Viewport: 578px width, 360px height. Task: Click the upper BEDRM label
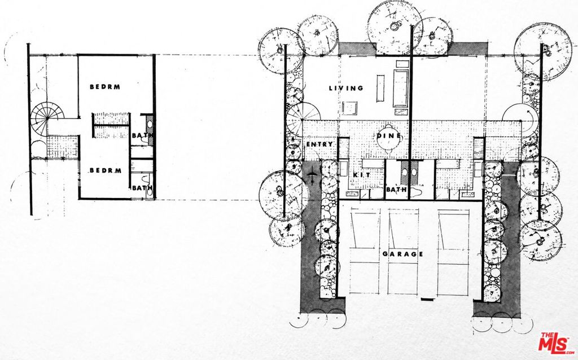105,87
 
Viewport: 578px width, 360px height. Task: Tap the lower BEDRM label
106,170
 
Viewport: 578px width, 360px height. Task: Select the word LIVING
346,88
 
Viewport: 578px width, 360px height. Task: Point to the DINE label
389,136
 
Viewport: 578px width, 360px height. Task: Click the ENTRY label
319,144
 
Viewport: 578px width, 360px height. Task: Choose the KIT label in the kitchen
361,175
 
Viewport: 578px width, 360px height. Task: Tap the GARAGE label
402,254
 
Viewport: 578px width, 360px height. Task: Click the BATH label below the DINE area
396,190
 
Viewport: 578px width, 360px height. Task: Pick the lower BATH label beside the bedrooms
142,188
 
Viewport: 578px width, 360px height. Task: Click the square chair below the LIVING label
349,108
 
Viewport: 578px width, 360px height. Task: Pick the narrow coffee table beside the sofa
380,89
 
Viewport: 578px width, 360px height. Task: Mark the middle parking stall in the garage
403,252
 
